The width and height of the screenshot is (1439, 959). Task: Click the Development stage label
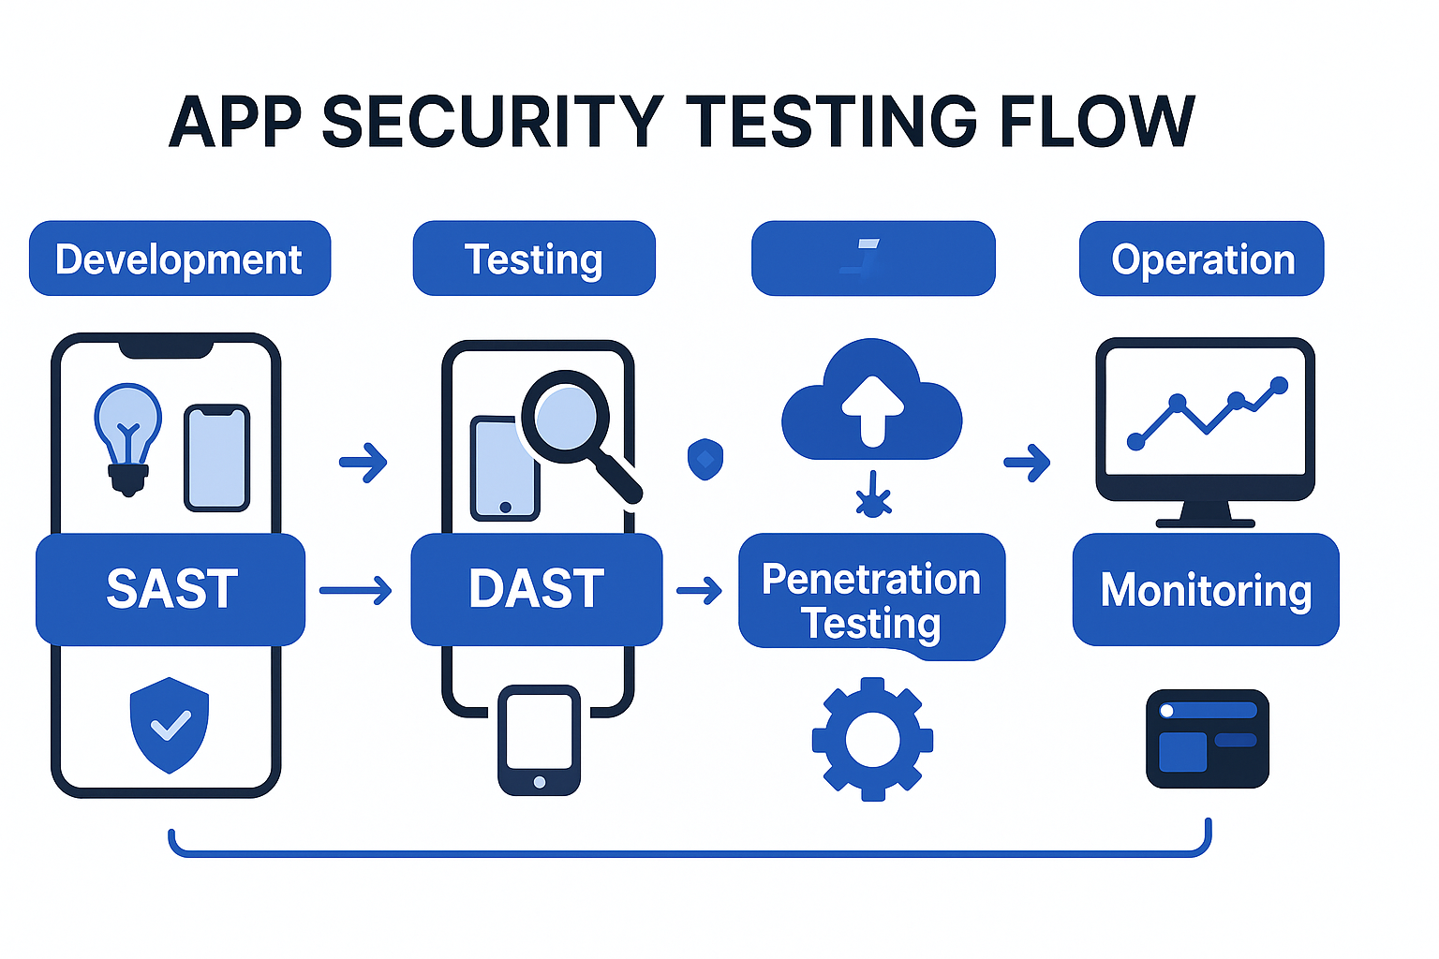coord(179,258)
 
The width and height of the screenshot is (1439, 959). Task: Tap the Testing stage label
coord(534,258)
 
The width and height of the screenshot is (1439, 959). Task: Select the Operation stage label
coord(1202,258)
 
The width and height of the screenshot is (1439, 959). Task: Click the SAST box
coord(171,589)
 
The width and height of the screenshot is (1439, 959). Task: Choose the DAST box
coord(537,589)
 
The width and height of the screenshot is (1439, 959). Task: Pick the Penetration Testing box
coord(871,600)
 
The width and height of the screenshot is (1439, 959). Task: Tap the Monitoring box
coord(1206,590)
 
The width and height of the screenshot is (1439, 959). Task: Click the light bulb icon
coord(128,436)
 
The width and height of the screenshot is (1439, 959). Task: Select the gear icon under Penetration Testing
coord(872,739)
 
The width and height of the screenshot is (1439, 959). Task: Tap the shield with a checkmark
coord(170,724)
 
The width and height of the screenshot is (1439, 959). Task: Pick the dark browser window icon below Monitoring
coord(1208,739)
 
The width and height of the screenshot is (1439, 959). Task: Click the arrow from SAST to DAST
coord(356,591)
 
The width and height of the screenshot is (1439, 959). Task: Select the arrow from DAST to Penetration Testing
coord(700,590)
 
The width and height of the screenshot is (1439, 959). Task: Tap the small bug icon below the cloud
coord(873,497)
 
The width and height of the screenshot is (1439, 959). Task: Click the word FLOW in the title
coord(1097,122)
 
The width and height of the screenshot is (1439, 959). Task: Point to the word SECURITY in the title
coord(493,122)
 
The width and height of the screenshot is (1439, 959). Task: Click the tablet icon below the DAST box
coord(539,740)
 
